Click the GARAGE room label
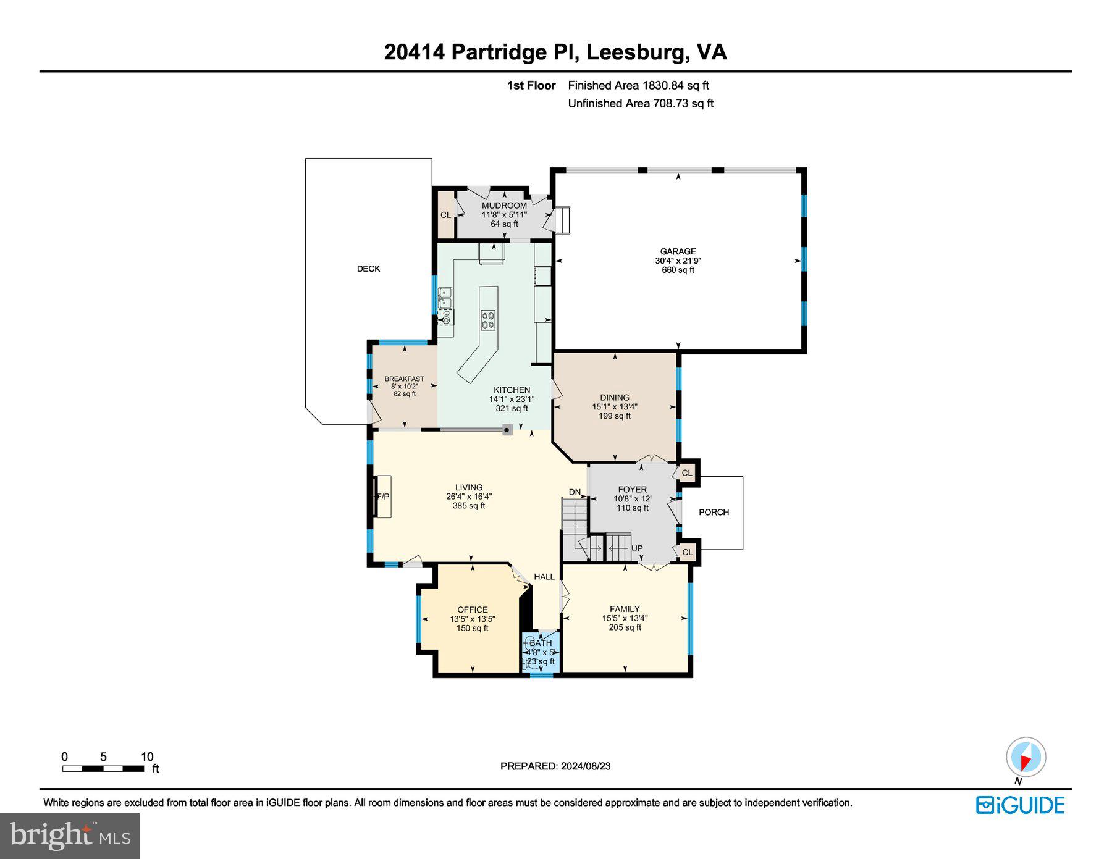pyautogui.click(x=678, y=251)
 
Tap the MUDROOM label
pyautogui.click(x=504, y=206)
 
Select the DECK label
pyautogui.click(x=368, y=269)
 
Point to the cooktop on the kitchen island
pyautogui.click(x=488, y=320)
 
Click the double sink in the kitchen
pyautogui.click(x=445, y=298)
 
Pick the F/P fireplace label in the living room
pyautogui.click(x=383, y=497)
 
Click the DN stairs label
pyautogui.click(x=575, y=492)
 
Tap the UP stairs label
pyautogui.click(x=637, y=548)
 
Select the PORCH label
pyautogui.click(x=714, y=512)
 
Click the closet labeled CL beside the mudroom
pyautogui.click(x=445, y=215)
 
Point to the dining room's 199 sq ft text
pyautogui.click(x=615, y=416)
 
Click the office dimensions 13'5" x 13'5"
pyautogui.click(x=473, y=619)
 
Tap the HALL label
pyautogui.click(x=544, y=577)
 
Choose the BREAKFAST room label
pyautogui.click(x=404, y=379)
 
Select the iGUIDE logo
pyautogui.click(x=1021, y=805)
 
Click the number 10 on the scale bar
pyautogui.click(x=147, y=757)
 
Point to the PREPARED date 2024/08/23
pyautogui.click(x=586, y=766)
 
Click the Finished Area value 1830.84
pyautogui.click(x=663, y=85)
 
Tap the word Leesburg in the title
pyautogui.click(x=636, y=52)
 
